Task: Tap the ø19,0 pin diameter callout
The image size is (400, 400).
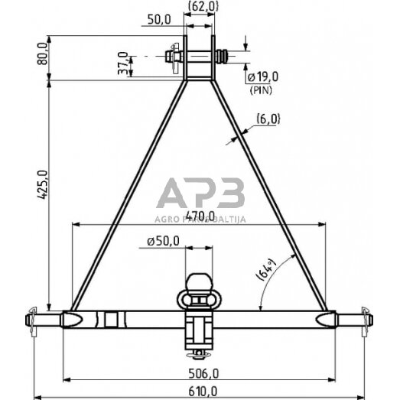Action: tap(264, 78)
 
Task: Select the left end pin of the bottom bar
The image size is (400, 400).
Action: tap(37, 317)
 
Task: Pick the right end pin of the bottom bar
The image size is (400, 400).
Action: tap(363, 317)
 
